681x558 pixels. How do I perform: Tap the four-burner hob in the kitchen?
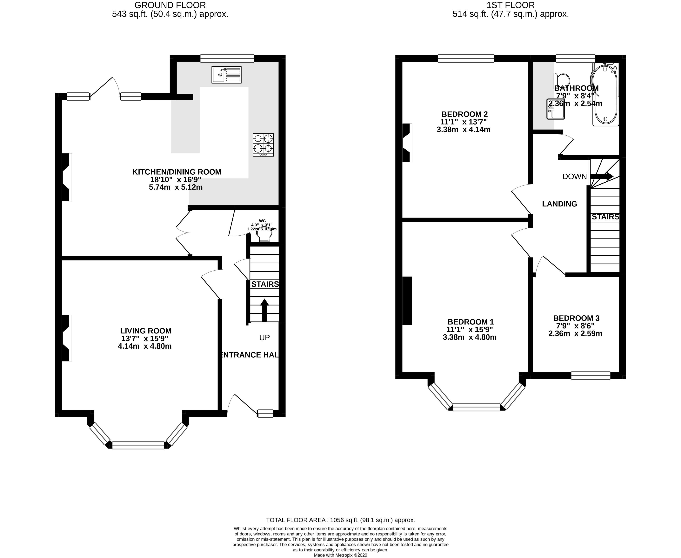pos(263,145)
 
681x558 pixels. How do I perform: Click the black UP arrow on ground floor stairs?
pos(264,310)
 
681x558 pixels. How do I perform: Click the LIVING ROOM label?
pos(146,331)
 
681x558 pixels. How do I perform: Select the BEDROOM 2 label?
pos(464,114)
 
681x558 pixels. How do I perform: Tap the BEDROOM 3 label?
pos(576,318)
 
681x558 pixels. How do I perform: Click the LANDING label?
pos(559,204)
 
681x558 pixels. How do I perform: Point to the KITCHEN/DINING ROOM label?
pos(177,172)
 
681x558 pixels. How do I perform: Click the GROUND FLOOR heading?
pos(170,5)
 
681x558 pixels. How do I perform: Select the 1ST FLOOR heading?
pos(511,5)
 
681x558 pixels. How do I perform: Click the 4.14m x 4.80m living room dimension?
pos(145,346)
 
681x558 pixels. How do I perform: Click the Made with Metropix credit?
pos(340,555)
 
